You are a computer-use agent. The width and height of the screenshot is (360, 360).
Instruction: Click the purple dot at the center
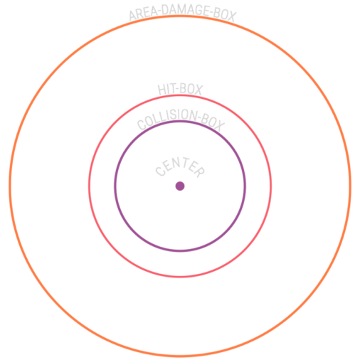(x=180, y=186)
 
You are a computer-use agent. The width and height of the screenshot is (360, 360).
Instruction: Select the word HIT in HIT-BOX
(x=165, y=90)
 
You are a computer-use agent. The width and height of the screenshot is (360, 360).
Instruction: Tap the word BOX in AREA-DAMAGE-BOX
(x=225, y=15)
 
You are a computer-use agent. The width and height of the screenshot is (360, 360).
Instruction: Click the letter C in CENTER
(x=161, y=171)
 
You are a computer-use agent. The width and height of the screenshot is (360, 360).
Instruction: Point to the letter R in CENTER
(x=199, y=171)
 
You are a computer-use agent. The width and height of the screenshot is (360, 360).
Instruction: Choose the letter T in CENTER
(x=184, y=162)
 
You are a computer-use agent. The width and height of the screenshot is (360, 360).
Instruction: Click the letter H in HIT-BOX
(x=162, y=90)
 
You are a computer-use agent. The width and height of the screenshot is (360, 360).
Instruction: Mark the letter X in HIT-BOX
(x=198, y=90)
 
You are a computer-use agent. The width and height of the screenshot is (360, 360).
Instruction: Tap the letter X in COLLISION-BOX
(x=219, y=126)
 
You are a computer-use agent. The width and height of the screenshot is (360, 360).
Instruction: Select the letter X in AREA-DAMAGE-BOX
(x=231, y=16)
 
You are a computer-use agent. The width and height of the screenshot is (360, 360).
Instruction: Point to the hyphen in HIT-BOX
(x=175, y=90)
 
